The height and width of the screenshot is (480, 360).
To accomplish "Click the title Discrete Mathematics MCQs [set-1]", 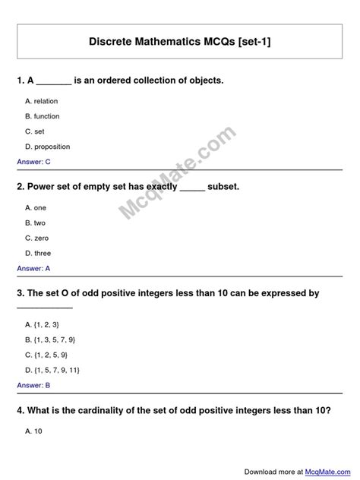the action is click(x=180, y=44).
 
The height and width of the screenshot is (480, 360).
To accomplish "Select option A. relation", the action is click(x=41, y=101).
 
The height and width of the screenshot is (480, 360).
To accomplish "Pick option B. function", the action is click(x=42, y=116).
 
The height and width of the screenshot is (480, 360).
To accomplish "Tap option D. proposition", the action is click(x=47, y=147).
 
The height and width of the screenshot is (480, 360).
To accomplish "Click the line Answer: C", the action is click(x=33, y=162).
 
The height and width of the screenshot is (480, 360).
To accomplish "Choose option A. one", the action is click(x=36, y=207).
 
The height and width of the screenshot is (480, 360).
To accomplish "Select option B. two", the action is click(x=36, y=223).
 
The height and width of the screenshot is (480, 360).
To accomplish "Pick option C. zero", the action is click(x=36, y=238).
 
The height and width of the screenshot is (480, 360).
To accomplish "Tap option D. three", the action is click(x=38, y=253).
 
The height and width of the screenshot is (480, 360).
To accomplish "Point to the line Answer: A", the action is click(x=33, y=268).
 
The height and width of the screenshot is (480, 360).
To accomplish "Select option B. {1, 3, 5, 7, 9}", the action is click(x=50, y=339).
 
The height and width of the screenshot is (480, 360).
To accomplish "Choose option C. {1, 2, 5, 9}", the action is click(x=46, y=355).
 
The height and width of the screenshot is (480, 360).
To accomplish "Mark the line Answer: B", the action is click(x=33, y=385).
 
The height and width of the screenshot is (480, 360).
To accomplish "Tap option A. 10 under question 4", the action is click(x=33, y=431).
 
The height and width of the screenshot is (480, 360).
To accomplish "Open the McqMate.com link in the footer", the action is click(x=327, y=471).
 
